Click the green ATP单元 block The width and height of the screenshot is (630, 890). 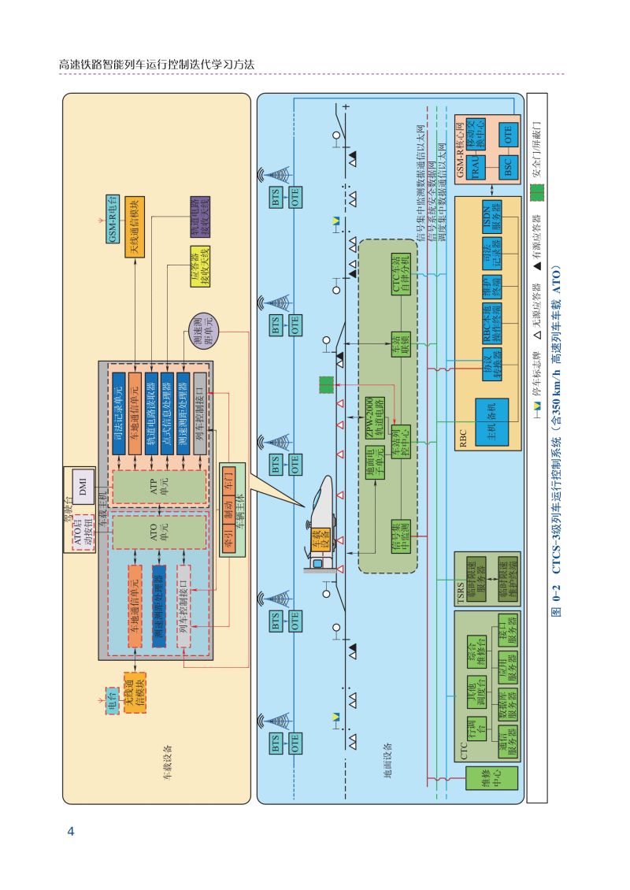click(x=158, y=488)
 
